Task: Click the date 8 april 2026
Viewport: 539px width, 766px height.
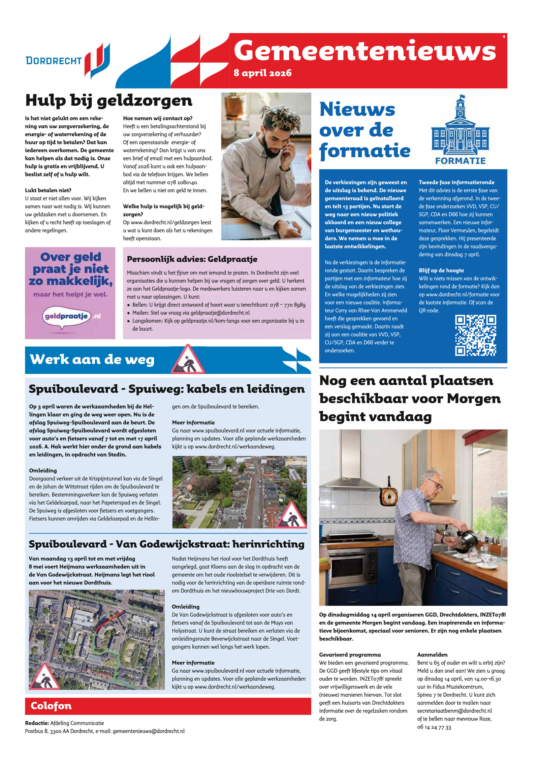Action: coord(262,73)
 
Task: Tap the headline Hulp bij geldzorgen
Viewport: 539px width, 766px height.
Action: coord(109,101)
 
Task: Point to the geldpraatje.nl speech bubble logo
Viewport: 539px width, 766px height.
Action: coord(67,316)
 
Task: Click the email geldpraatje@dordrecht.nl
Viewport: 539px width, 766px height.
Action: coord(220,313)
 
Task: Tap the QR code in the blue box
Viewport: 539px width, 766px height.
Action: coord(475,336)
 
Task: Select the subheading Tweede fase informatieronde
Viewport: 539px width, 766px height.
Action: coord(456,182)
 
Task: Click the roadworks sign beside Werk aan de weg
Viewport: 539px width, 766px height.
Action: coord(188,360)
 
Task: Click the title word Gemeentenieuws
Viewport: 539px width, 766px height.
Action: coord(365,51)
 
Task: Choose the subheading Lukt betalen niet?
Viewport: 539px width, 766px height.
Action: coord(48,190)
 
